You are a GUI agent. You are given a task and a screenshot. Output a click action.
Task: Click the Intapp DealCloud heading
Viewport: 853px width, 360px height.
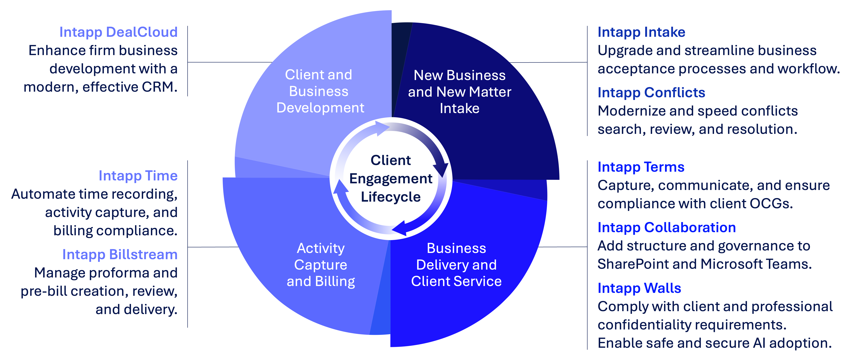pyautogui.click(x=118, y=32)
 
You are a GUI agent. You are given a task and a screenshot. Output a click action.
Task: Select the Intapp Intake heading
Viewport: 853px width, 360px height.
pyautogui.click(x=641, y=32)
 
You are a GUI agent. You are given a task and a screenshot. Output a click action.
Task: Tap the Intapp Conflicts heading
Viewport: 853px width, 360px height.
pyautogui.click(x=651, y=93)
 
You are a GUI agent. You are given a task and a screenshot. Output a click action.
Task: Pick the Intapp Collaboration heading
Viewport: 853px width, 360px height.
pyautogui.click(x=667, y=228)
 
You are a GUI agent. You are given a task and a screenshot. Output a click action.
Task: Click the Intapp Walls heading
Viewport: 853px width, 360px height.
pyautogui.click(x=639, y=288)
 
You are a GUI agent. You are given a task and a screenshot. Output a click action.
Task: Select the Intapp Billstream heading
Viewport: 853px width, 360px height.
pyautogui.click(x=120, y=254)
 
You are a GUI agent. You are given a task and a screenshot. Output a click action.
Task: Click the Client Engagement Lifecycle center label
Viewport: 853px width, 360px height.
pyautogui.click(x=391, y=179)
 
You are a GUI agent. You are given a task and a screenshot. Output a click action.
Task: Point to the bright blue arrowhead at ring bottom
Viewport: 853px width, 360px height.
pyautogui.click(x=400, y=228)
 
